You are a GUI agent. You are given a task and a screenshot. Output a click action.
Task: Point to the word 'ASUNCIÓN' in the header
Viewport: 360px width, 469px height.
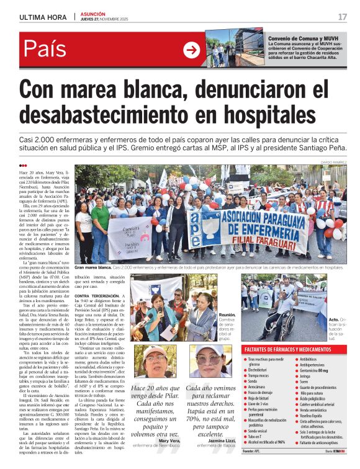(92, 13)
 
